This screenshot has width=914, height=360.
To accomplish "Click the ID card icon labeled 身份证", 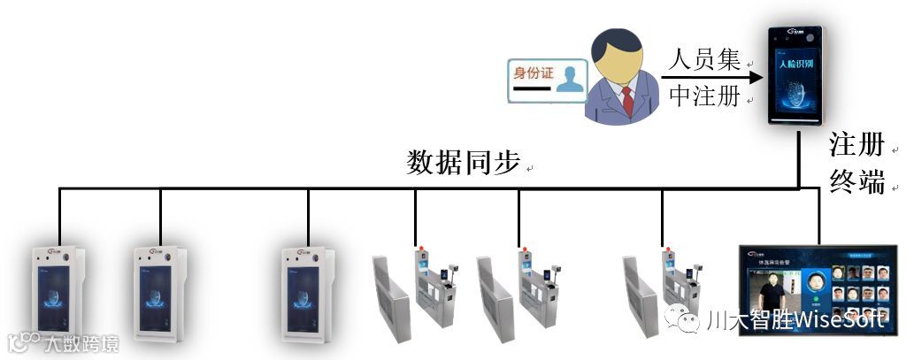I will (x=548, y=81).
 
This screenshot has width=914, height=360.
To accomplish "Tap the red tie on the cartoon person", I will (x=626, y=100).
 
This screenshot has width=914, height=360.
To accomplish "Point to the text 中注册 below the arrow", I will (x=703, y=97).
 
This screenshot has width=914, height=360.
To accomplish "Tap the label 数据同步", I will (x=462, y=163).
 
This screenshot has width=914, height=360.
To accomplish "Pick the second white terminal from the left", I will (x=158, y=292).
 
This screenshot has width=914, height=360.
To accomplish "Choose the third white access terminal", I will (x=307, y=292).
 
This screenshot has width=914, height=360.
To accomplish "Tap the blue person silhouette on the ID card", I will (x=572, y=81).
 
